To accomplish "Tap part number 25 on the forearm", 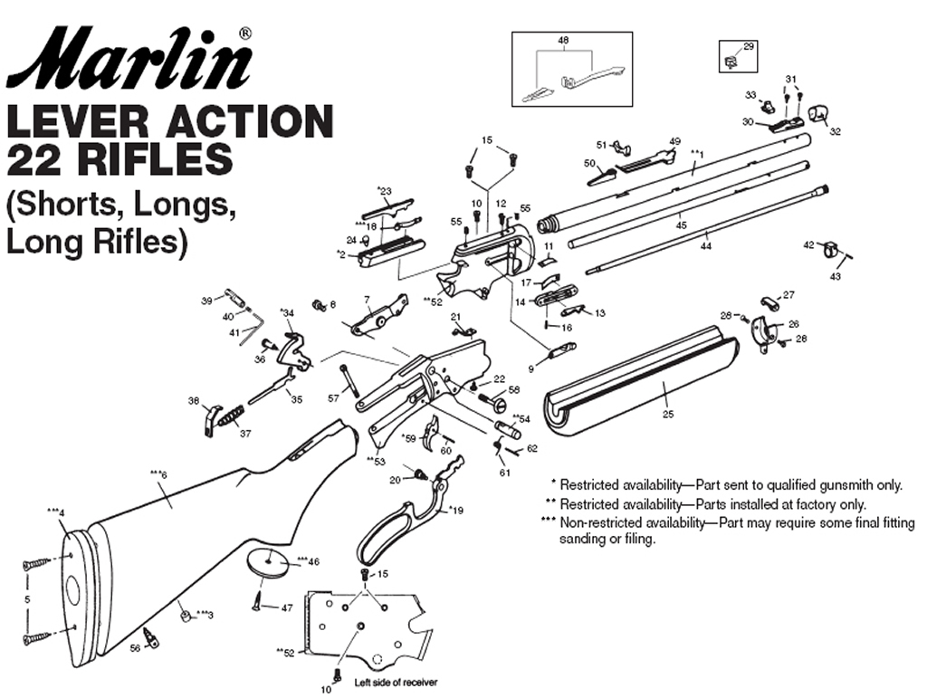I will [x=668, y=414].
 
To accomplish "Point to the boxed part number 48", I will [x=563, y=42].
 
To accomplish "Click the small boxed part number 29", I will [x=748, y=46].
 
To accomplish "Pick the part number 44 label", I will [x=706, y=245].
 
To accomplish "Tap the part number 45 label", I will [x=682, y=223].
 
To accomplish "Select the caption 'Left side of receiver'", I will [x=388, y=682].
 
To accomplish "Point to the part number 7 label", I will [x=367, y=300].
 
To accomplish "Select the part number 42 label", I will [x=808, y=244].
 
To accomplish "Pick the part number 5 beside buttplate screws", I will [x=26, y=599].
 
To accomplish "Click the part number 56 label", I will [x=135, y=648].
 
